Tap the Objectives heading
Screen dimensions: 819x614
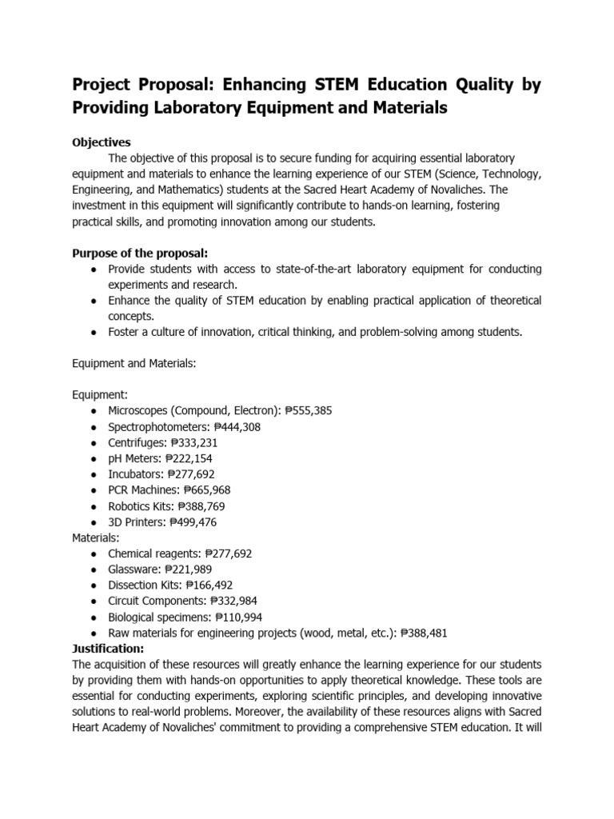(x=102, y=142)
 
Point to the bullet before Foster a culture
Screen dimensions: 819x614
(x=94, y=332)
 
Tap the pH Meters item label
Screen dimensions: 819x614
(x=134, y=458)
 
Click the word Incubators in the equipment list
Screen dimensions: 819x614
(x=135, y=474)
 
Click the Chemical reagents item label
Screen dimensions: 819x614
(x=153, y=553)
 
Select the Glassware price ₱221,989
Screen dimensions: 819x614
(x=191, y=569)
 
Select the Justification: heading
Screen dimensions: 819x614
(x=108, y=648)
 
